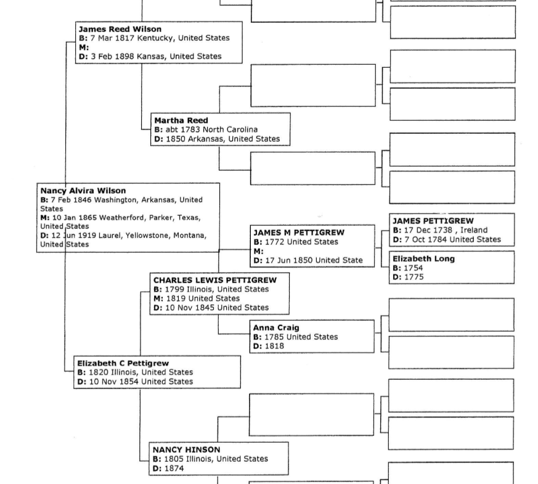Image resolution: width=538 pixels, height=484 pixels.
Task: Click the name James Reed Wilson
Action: click(x=120, y=29)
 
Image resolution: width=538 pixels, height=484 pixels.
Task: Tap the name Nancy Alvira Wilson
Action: click(x=83, y=191)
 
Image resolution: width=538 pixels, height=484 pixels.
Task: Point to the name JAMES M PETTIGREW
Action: click(x=299, y=232)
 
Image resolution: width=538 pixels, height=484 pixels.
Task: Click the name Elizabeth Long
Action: click(x=423, y=259)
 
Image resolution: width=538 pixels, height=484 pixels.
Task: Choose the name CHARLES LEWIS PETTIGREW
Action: click(x=214, y=280)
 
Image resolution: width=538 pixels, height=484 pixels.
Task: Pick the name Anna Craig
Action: click(x=275, y=327)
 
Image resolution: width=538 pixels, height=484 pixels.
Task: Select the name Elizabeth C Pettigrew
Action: click(x=123, y=363)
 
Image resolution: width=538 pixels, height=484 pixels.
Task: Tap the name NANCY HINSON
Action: click(x=186, y=449)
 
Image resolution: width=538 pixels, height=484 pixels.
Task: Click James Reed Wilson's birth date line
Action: click(x=153, y=38)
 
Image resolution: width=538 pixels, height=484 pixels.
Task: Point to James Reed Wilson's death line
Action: click(x=150, y=56)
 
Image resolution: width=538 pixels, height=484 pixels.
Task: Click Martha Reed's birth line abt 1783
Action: click(x=206, y=129)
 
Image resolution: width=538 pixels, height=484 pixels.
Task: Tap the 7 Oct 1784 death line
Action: click(x=446, y=239)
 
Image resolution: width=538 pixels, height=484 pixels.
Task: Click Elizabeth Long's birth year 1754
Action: click(x=413, y=268)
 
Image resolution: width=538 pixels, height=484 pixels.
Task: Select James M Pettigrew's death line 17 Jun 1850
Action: click(x=308, y=260)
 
